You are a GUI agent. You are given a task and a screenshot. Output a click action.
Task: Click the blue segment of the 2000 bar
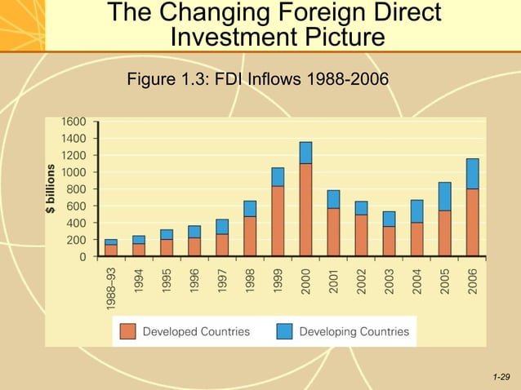coord(305,153)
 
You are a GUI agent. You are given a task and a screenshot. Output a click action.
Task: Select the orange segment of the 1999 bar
coord(278,221)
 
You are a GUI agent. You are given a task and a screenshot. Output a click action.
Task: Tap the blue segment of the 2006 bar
coord(472,174)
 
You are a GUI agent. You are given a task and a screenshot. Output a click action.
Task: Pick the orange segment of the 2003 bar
coord(389,242)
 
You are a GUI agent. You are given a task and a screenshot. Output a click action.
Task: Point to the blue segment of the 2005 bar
coord(444,197)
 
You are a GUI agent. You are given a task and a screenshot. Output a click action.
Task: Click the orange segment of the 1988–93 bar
coord(111,250)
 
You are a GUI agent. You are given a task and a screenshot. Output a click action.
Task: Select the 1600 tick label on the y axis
coord(73,121)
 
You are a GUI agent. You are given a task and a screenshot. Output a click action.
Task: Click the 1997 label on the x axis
coord(222,281)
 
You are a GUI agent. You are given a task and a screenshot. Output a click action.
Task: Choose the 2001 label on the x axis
coord(333,281)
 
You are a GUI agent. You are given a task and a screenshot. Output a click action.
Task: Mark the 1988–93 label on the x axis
coord(111,290)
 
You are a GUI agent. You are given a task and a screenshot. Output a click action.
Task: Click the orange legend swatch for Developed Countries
coord(127,331)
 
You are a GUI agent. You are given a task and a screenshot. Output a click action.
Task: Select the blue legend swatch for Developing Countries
coord(284,331)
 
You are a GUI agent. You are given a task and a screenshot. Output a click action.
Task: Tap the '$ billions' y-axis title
coord(51,190)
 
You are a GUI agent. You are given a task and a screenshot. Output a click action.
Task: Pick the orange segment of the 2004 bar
coord(416,240)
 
